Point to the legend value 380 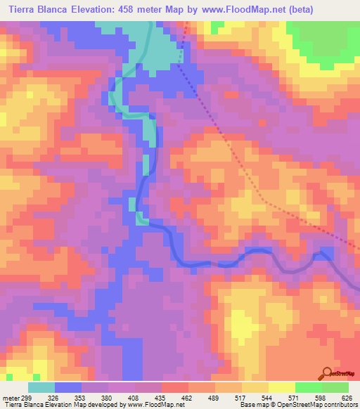tap(108, 396)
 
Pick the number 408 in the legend tap(135, 396)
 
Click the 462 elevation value tap(188, 396)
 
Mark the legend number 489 tap(215, 396)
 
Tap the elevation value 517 tap(242, 396)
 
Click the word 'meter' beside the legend tap(8, 396)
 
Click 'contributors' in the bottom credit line tap(339, 405)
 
